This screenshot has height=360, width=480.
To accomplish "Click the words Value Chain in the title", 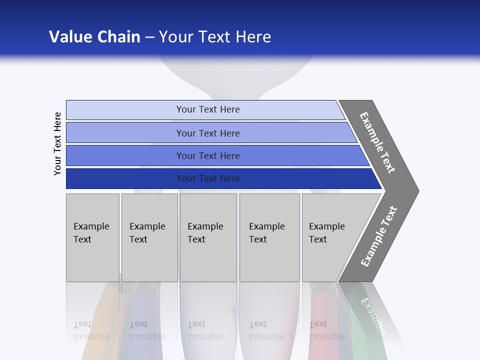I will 94,36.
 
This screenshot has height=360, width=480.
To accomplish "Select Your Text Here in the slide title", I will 215,36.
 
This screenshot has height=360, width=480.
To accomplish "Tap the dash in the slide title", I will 149,37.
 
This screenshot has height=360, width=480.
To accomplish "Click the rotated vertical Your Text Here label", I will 57,143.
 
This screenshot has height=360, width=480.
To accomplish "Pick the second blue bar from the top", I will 208,133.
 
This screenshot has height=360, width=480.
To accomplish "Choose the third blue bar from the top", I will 208,155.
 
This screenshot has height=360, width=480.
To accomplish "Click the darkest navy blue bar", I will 208,178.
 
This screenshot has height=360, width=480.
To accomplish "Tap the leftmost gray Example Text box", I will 92,237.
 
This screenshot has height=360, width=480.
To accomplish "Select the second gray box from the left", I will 149,237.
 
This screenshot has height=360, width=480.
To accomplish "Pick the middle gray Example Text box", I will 208,237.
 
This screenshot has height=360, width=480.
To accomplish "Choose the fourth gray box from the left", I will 269,237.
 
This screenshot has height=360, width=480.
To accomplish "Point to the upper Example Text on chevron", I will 377,142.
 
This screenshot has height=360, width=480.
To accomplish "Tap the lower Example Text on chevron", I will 378,236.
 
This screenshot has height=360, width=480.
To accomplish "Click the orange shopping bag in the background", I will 100,325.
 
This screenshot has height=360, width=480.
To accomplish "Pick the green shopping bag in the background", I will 362,330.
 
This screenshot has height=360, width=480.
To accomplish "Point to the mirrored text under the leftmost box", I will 91,330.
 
